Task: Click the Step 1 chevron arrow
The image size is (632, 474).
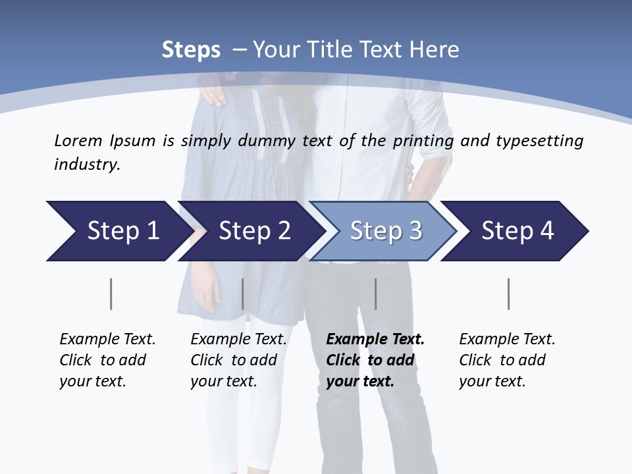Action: [x=118, y=231]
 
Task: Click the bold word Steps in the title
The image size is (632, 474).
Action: [x=191, y=50]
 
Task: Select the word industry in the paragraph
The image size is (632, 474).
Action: [x=87, y=165]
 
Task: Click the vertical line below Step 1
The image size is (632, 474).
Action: [x=111, y=294]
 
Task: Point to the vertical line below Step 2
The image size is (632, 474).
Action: [x=243, y=294]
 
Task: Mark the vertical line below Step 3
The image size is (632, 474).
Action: [x=376, y=294]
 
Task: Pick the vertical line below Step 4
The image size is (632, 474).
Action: [x=509, y=294]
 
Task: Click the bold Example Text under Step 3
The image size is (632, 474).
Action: [x=375, y=340]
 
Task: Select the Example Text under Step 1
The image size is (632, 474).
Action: [x=107, y=340]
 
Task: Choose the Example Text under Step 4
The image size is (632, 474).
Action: [x=507, y=340]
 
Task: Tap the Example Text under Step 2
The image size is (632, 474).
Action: [x=238, y=340]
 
